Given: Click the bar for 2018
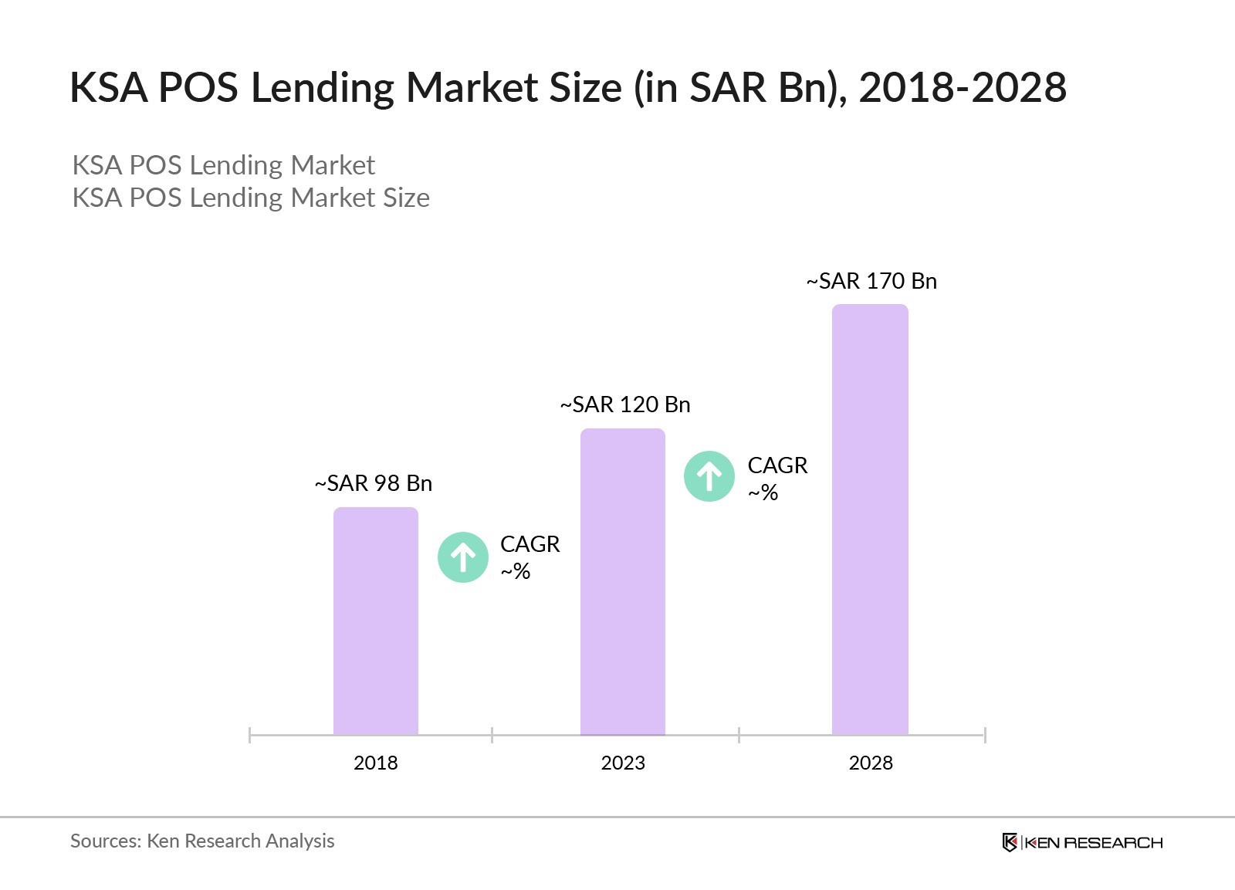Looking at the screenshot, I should tap(375, 621).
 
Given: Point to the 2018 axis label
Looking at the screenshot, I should tap(375, 763).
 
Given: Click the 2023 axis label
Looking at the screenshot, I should tap(622, 763).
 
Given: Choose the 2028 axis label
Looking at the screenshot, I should tap(870, 763).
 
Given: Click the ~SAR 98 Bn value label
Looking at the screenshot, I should tap(374, 483).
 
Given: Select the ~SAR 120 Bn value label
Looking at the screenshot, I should tap(625, 404).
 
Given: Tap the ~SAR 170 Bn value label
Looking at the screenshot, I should tap(871, 281).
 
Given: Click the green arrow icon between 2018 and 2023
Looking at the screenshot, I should tap(463, 557).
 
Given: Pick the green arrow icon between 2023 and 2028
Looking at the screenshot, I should tap(709, 476).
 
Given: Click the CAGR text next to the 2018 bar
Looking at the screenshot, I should tap(530, 544).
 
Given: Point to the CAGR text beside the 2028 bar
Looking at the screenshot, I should tap(777, 465).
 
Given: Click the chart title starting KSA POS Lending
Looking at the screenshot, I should tap(567, 87).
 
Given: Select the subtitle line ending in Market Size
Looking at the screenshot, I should tap(251, 198).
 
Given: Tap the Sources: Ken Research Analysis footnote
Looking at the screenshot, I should tap(202, 841).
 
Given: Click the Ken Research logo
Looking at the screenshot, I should tap(1082, 842).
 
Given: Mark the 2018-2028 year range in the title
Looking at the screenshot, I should tap(963, 87).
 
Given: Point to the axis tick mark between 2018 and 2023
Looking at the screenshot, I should tap(492, 735).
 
